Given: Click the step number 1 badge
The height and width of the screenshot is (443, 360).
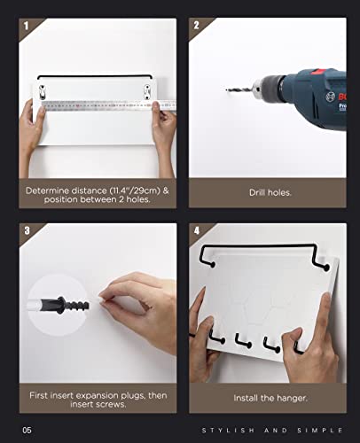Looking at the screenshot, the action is click(x=26, y=26).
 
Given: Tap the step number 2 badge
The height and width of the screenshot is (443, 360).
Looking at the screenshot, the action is click(x=196, y=25).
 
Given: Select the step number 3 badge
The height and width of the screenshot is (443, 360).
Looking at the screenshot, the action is click(x=27, y=230).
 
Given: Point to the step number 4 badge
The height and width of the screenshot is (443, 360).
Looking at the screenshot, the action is click(x=197, y=230).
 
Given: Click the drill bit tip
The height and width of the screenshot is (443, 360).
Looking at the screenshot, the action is click(x=226, y=89).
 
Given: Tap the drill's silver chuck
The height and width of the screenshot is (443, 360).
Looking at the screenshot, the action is click(x=257, y=86).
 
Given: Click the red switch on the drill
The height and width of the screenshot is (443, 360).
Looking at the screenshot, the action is click(x=318, y=72).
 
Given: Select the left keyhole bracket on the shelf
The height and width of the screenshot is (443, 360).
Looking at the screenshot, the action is click(x=43, y=92).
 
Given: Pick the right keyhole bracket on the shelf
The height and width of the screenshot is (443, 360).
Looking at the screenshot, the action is click(x=147, y=92).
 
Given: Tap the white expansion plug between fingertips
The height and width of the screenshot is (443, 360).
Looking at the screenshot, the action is click(x=100, y=299).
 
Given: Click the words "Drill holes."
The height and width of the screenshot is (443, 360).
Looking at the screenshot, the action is click(x=270, y=193).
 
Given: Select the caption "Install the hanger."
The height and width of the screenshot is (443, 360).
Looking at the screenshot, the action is click(x=270, y=398).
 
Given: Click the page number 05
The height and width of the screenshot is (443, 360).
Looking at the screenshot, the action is click(x=27, y=430).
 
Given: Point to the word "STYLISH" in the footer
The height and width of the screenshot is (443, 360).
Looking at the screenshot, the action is click(x=228, y=431).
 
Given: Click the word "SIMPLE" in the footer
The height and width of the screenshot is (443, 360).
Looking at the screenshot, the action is click(x=320, y=431).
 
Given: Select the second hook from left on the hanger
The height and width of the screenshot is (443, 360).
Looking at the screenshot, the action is click(x=243, y=341).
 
